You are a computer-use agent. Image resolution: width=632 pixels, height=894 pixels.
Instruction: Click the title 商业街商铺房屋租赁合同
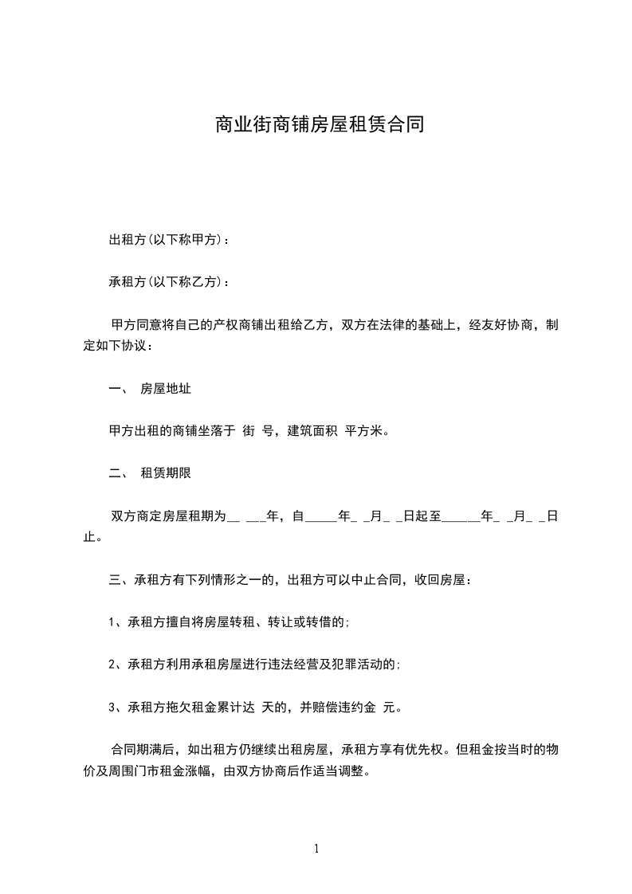click(318, 125)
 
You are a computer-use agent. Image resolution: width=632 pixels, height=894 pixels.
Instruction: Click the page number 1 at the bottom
click(316, 849)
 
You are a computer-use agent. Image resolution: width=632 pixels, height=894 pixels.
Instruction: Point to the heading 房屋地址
click(165, 390)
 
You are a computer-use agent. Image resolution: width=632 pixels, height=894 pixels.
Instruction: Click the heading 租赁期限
click(165, 473)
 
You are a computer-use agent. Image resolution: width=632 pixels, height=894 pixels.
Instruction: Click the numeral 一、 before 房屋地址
click(117, 390)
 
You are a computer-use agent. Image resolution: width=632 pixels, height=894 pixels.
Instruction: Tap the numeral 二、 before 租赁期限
click(117, 473)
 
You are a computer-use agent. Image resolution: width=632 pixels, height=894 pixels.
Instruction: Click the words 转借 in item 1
click(324, 621)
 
